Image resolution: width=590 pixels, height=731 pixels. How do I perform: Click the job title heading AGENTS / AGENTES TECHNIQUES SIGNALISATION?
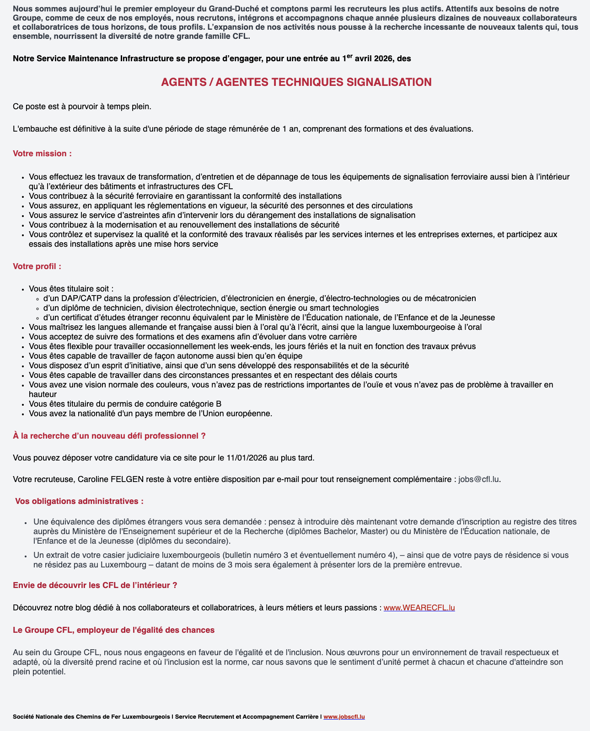click(296, 82)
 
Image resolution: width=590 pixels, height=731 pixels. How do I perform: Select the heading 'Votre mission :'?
click(42, 154)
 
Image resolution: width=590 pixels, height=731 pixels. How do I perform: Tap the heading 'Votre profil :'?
click(37, 266)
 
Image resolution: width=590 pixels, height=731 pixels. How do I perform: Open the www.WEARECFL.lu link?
click(419, 608)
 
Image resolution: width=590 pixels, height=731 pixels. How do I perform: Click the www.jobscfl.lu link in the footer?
click(344, 717)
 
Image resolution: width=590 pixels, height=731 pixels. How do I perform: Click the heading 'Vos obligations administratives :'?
click(79, 501)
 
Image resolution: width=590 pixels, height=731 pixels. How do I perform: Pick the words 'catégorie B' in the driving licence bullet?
click(201, 404)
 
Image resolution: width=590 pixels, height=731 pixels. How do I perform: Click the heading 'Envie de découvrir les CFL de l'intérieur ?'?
click(95, 585)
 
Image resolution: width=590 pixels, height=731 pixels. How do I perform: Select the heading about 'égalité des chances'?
click(113, 630)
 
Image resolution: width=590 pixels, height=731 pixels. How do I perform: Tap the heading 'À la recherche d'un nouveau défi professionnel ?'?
click(109, 436)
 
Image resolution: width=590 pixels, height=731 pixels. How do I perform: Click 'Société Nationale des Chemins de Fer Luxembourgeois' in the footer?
click(91, 717)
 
